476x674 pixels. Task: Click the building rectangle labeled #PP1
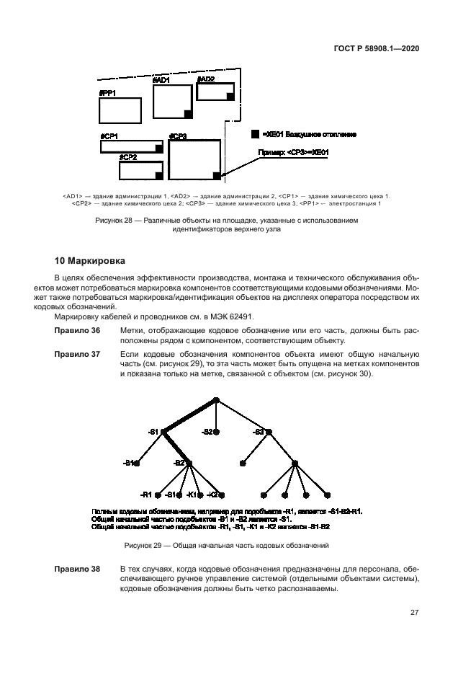click(x=120, y=110)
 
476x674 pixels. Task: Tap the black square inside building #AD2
click(x=230, y=95)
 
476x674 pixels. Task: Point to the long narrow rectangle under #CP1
click(x=131, y=146)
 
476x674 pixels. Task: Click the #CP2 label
click(x=128, y=156)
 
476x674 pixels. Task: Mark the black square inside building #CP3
click(x=215, y=174)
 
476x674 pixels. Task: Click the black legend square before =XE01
click(x=255, y=134)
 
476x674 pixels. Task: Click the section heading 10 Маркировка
click(x=93, y=260)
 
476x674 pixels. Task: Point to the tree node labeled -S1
click(x=163, y=432)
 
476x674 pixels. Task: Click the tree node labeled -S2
click(x=216, y=432)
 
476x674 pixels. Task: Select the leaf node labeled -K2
click(x=222, y=495)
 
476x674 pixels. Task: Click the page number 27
click(x=415, y=613)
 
